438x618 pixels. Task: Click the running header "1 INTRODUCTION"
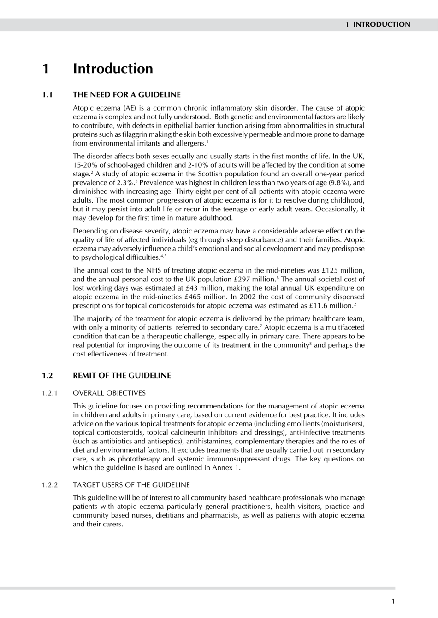pyautogui.click(x=378, y=24)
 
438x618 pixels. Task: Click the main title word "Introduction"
pyautogui.click(x=113, y=69)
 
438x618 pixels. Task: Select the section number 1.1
pyautogui.click(x=47, y=95)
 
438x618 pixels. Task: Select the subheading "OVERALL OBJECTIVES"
pyautogui.click(x=109, y=393)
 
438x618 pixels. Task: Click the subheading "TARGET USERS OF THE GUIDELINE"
pyautogui.click(x=131, y=485)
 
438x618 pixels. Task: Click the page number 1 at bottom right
pyautogui.click(x=393, y=601)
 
